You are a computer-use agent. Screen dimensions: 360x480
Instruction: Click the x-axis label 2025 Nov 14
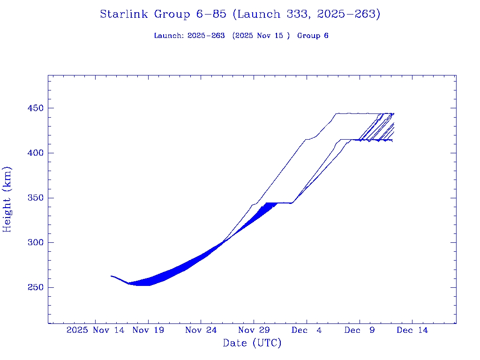96,330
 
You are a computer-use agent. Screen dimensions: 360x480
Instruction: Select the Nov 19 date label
148,330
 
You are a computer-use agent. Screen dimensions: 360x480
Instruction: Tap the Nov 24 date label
201,330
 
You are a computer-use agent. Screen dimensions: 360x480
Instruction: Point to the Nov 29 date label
254,330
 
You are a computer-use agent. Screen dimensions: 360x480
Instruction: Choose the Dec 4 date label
307,330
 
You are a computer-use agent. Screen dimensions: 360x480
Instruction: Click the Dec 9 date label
360,330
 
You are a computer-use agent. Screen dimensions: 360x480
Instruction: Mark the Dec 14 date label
412,330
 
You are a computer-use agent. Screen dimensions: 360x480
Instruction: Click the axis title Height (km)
7,199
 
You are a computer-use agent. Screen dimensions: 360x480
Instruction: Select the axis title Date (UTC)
252,343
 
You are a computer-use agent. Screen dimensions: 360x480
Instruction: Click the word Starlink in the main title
124,15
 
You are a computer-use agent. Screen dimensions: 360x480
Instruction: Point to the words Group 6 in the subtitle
313,36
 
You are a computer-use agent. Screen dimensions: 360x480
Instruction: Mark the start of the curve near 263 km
112,276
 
